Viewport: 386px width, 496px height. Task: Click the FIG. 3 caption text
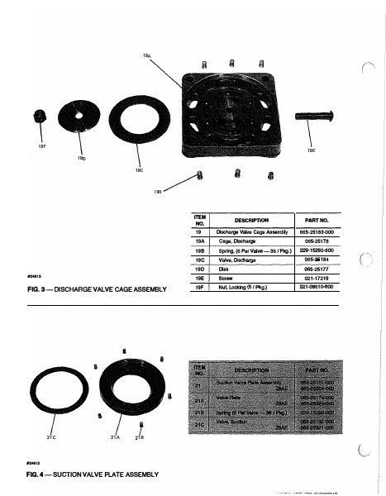click(x=97, y=289)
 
